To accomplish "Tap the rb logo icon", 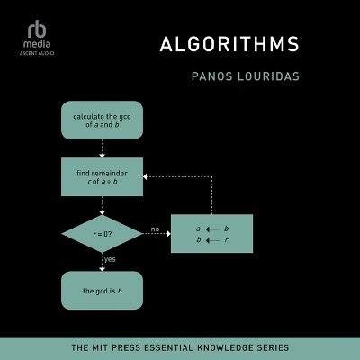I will click(x=32, y=25).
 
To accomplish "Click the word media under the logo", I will click(x=32, y=41).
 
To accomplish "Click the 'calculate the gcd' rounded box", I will click(x=102, y=120).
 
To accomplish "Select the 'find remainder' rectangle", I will click(x=102, y=177).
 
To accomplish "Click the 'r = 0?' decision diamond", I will click(x=102, y=234).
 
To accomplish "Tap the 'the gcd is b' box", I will click(x=102, y=291).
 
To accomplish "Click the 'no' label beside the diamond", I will click(x=155, y=229).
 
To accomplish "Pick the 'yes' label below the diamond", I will click(x=111, y=259).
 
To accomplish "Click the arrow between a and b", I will click(x=213, y=229).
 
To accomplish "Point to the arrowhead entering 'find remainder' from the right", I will click(x=147, y=177).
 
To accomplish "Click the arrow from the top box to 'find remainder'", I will click(x=102, y=148).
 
